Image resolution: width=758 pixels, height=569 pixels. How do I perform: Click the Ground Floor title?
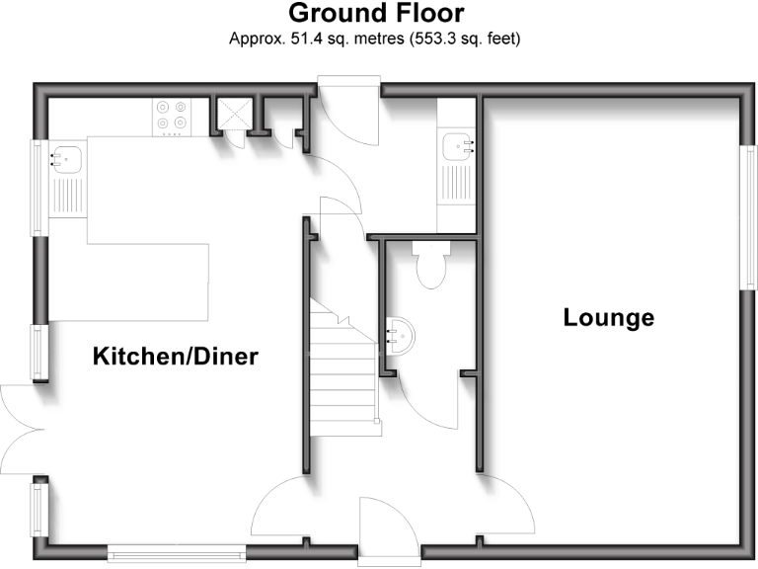coord(375,14)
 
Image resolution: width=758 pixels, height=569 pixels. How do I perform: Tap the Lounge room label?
coord(608,318)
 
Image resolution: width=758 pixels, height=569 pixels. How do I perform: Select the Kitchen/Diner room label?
coord(175,356)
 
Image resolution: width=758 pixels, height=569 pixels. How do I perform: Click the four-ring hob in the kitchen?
coord(171,117)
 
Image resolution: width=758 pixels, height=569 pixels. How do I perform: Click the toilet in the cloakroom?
coord(430,265)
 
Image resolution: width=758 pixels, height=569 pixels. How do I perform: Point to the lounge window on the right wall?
coord(745,217)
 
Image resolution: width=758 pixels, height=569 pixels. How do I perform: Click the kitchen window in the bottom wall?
coord(174,553)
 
